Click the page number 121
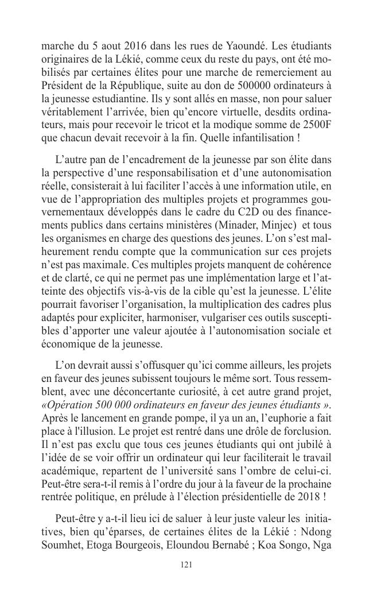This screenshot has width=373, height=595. tap(186, 565)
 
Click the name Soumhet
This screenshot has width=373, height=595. tap(61, 542)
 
